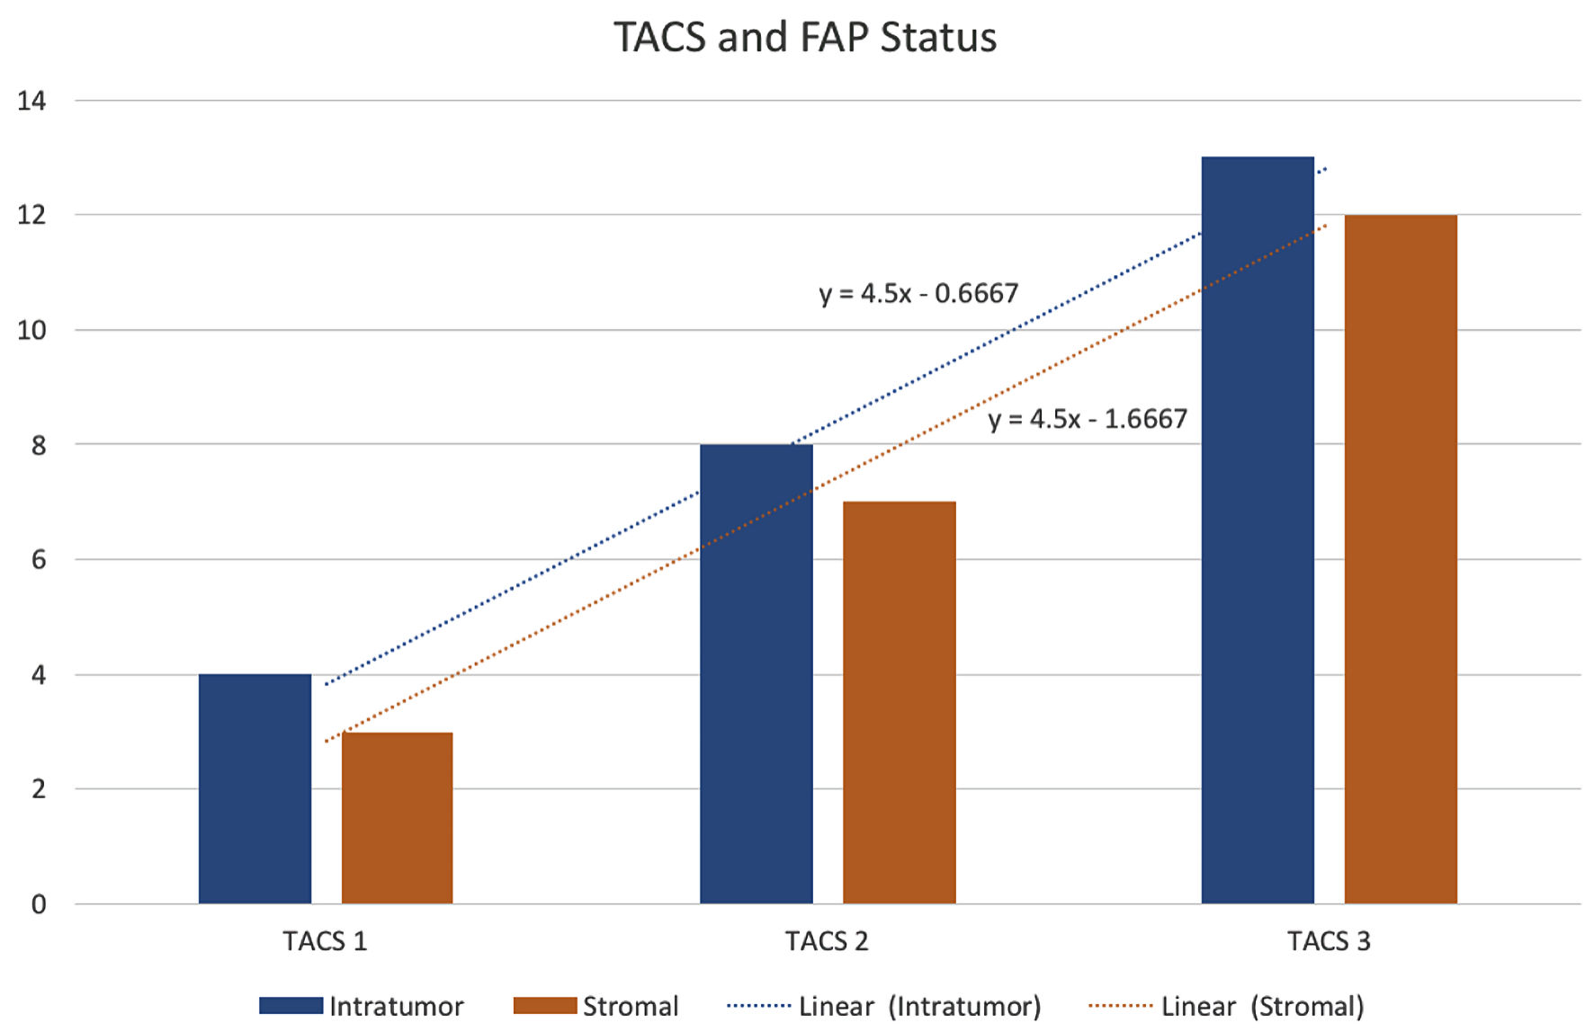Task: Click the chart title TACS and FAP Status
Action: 805,38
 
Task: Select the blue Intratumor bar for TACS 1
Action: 255,788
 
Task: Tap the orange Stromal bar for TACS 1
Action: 397,817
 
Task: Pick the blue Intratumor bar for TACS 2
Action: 756,673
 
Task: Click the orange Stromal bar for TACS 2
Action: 899,702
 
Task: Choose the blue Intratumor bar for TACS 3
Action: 1257,530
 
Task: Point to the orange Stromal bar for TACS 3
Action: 1400,559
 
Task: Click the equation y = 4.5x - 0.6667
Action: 918,293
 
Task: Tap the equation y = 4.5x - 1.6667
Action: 1088,419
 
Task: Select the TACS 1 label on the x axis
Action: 325,941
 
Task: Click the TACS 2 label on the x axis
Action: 827,941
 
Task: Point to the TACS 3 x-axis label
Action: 1329,941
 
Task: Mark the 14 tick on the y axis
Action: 31,101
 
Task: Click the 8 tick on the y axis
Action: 38,445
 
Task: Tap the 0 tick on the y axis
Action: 38,904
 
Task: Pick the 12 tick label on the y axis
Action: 31,215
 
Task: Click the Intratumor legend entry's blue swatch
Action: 291,1006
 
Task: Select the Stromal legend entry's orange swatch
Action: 544,1006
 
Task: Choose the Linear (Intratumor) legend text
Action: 919,1006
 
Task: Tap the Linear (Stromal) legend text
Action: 1262,1006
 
